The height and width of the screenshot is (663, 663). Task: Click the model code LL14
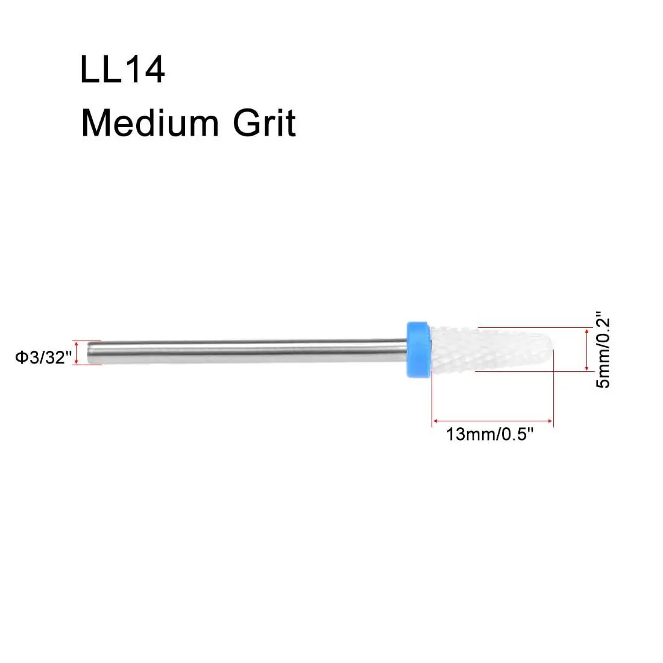point(122,69)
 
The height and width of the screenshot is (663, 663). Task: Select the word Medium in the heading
point(150,123)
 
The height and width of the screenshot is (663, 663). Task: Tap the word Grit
point(264,123)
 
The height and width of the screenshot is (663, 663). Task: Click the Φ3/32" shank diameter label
point(43,357)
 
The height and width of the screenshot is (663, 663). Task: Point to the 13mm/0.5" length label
point(490,434)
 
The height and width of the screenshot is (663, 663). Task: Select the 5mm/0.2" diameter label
point(603,350)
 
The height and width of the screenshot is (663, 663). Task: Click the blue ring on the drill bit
point(419,350)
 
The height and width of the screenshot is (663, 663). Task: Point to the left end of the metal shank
point(87,352)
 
